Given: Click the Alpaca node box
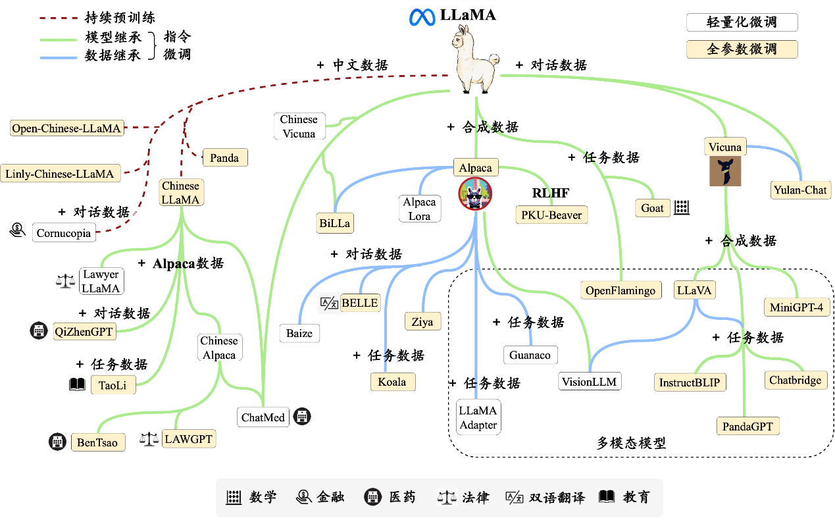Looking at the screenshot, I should point(475,168).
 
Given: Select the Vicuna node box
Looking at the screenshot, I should point(724,147).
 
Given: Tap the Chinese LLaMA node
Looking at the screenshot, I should point(181,193).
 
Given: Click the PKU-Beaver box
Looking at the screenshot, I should point(550,215).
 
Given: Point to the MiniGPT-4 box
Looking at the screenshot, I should point(796,307).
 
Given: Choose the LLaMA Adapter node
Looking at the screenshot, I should point(478,417).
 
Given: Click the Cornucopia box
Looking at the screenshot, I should point(63,233).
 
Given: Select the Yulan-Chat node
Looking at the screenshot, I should point(801,190).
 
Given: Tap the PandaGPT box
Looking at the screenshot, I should point(747,426).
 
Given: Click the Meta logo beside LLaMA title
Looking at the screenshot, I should point(419,17).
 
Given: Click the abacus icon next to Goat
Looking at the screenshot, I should point(681,208).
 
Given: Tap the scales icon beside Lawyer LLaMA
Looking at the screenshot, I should point(66,281).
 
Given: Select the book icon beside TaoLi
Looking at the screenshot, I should point(77,384).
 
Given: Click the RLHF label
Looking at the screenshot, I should point(550,194).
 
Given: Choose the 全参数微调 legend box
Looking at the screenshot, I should point(742,49).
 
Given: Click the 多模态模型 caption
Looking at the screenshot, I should point(631,443).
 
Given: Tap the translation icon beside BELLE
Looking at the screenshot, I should point(328,303).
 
